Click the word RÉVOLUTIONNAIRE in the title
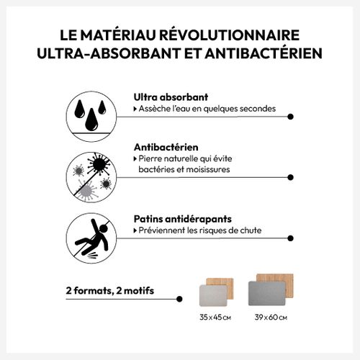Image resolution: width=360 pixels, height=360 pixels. [x=230, y=35]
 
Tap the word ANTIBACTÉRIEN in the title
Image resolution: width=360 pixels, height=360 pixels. [x=264, y=53]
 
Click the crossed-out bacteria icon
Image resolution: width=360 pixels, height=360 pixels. [x=91, y=177]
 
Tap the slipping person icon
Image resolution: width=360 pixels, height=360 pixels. [x=91, y=238]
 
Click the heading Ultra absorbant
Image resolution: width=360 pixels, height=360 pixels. [x=171, y=97]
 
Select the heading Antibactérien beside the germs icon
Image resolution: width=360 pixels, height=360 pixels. [x=166, y=147]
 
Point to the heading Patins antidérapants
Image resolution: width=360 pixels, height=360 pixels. [x=183, y=219]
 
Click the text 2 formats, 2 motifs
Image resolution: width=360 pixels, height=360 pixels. [x=110, y=291]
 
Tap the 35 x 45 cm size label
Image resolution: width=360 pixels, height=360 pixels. [x=215, y=318]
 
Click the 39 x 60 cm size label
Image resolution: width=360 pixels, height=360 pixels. [x=271, y=318]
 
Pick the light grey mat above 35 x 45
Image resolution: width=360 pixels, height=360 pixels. [x=213, y=296]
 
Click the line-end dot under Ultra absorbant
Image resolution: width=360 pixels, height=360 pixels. [x=290, y=117]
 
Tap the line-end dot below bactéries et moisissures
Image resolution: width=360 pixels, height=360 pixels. [x=290, y=177]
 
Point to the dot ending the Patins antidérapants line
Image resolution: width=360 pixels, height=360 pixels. [x=290, y=238]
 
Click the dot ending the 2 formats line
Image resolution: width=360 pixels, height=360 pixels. [x=179, y=299]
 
